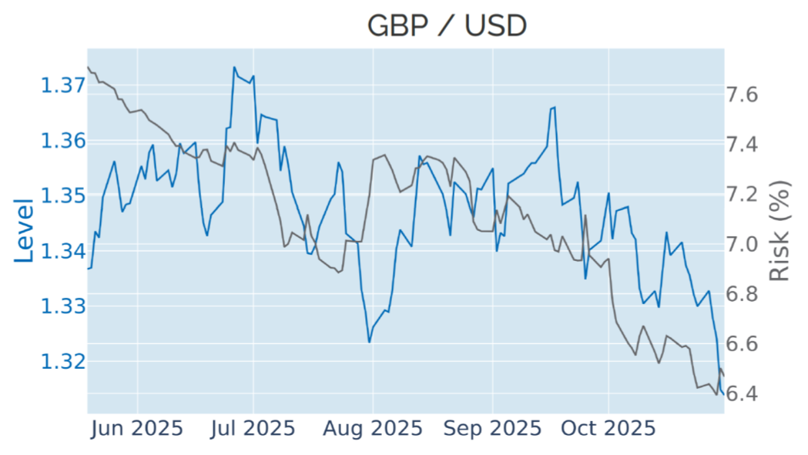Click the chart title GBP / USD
(x=447, y=26)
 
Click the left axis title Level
(x=25, y=230)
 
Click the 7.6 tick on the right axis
(x=743, y=95)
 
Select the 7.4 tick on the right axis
(x=743, y=145)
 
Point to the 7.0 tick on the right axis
(x=743, y=244)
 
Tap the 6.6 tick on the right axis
(x=743, y=343)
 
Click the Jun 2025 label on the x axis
(x=137, y=428)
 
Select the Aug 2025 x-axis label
(x=373, y=428)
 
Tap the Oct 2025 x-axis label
(x=609, y=428)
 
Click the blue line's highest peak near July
(x=234, y=67)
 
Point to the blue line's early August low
(x=370, y=342)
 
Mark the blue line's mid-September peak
(x=553, y=108)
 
